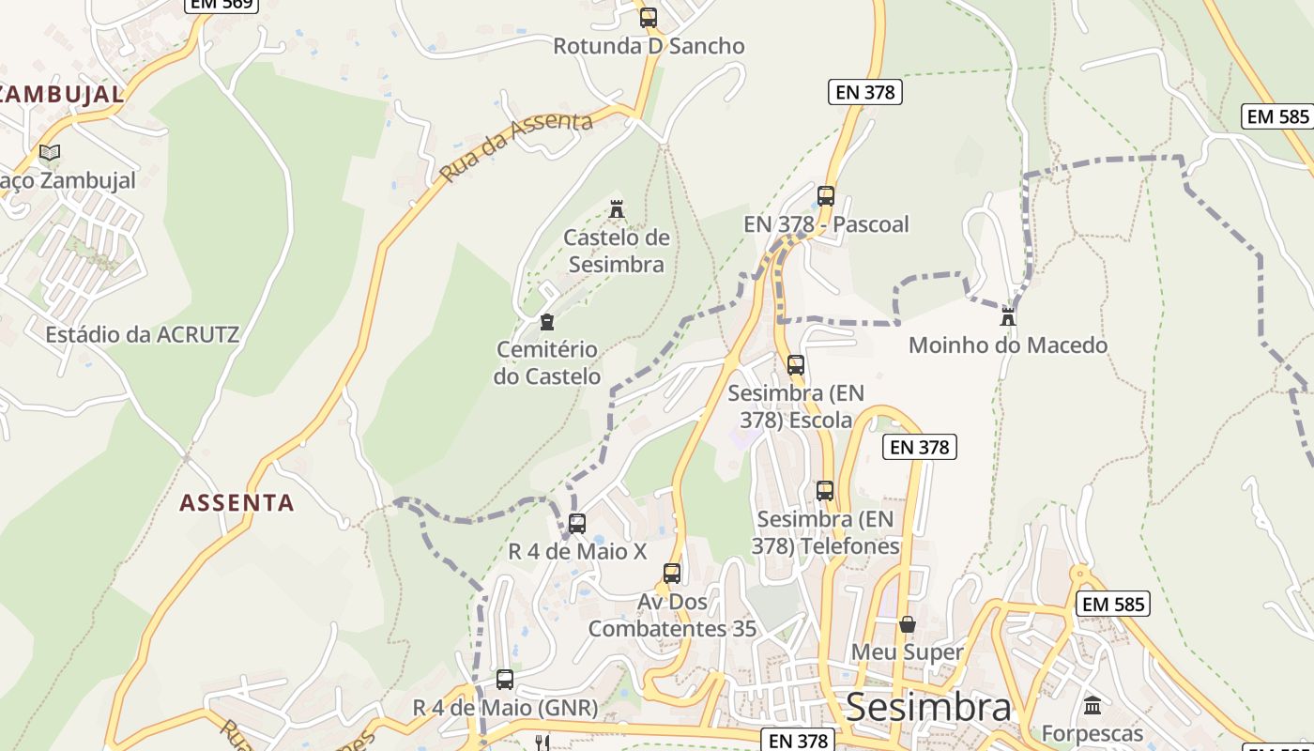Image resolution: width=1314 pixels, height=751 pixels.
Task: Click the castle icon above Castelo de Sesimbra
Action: click(x=617, y=208)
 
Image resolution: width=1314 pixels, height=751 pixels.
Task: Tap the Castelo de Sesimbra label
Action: click(x=617, y=251)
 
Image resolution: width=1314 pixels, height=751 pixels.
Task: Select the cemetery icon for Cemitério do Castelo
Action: click(x=547, y=323)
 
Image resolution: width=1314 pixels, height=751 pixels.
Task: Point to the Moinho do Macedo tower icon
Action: click(x=1008, y=316)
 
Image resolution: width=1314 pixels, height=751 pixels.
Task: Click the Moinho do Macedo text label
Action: click(x=1008, y=345)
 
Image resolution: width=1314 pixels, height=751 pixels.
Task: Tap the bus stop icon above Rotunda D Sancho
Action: click(x=648, y=17)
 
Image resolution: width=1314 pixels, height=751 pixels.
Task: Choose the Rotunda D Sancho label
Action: click(x=649, y=46)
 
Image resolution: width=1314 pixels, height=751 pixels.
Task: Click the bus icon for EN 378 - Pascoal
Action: click(x=826, y=196)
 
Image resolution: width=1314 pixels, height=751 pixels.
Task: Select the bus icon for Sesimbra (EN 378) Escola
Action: click(x=796, y=365)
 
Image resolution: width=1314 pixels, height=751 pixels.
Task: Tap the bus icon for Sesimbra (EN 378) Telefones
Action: click(x=825, y=491)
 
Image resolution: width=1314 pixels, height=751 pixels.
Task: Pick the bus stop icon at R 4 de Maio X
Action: click(x=577, y=524)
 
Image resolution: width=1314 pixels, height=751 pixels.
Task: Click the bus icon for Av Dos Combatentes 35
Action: click(x=672, y=574)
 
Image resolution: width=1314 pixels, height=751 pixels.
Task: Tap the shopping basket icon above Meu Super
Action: click(x=908, y=624)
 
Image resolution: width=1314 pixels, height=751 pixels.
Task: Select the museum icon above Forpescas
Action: click(x=1092, y=705)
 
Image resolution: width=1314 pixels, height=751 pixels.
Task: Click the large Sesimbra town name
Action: click(x=928, y=708)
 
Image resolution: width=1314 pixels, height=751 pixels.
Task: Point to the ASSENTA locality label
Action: click(x=237, y=503)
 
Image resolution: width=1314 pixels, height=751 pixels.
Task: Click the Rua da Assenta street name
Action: click(x=516, y=147)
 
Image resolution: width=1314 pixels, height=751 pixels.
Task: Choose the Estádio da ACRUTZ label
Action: click(x=142, y=334)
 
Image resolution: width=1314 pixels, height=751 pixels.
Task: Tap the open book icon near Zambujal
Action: click(x=50, y=152)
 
